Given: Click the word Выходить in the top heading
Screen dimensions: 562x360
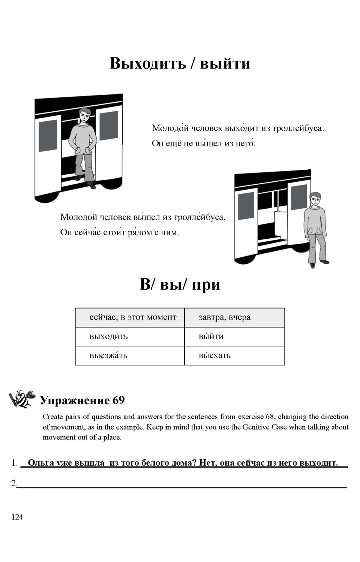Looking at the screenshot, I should (x=148, y=63).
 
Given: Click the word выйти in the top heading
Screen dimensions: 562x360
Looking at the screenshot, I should (x=225, y=63).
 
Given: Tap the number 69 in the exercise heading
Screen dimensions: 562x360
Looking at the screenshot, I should (x=118, y=400).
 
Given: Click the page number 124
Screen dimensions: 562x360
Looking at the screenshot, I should (x=17, y=517).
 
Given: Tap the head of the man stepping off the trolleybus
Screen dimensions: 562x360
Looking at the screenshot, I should (x=85, y=115).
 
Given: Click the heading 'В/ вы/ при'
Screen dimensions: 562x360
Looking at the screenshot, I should (x=180, y=284).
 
